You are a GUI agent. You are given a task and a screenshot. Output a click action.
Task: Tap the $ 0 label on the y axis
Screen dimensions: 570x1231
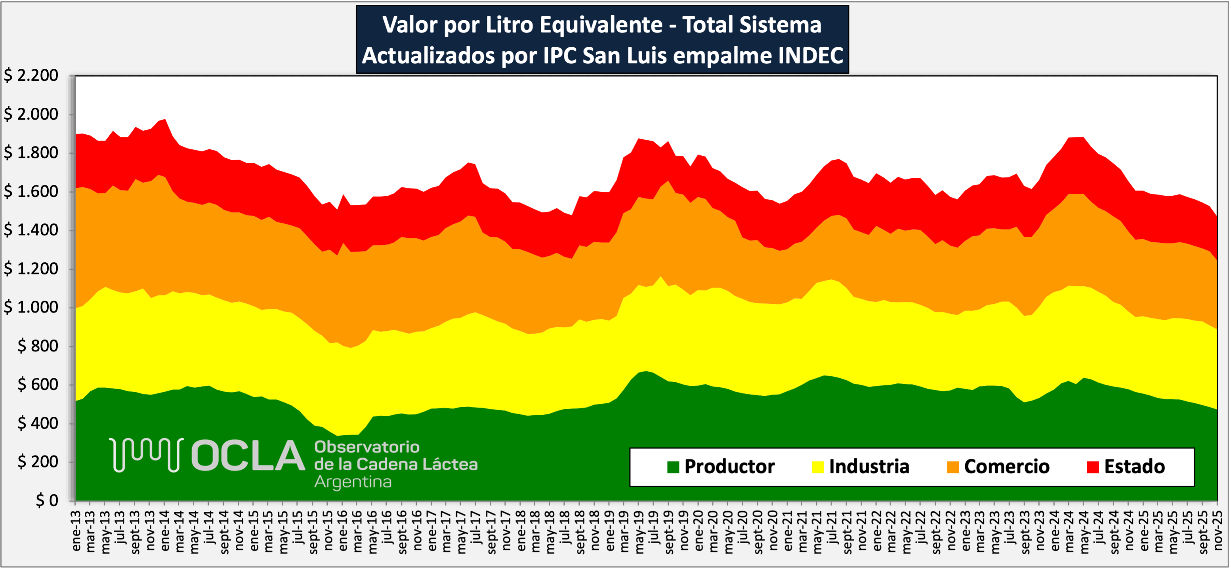[x=47, y=500]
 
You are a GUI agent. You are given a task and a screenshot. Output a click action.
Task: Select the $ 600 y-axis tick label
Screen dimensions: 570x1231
[x=38, y=385]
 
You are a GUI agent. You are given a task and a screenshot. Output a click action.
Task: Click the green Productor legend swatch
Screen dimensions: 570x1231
[x=673, y=467]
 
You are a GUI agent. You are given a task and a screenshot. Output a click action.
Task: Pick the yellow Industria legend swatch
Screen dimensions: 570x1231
[x=818, y=467]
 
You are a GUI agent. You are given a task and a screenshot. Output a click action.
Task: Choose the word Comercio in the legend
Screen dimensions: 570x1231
[x=1006, y=467]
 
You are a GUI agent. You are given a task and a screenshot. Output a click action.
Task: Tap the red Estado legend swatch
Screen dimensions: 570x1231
[x=1092, y=467]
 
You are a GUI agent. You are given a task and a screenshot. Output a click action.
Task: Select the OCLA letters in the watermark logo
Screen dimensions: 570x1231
[x=248, y=456]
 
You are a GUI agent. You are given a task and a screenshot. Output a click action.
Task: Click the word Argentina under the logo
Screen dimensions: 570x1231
[x=353, y=482]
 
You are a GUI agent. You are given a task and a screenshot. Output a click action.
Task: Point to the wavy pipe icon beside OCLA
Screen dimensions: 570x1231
[x=146, y=455]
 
